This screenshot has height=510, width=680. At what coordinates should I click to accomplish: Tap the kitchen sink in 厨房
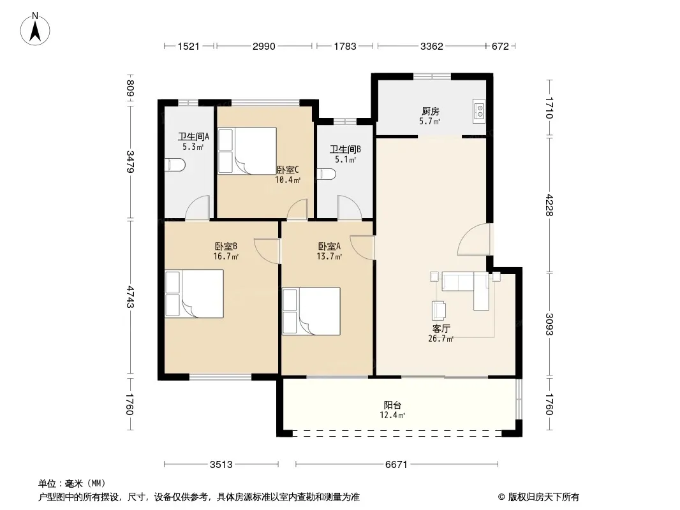point(479,110)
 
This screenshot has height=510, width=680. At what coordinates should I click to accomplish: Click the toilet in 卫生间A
point(175,165)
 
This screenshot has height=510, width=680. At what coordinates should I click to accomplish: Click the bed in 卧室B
point(195,294)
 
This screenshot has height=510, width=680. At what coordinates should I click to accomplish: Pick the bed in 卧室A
point(311,311)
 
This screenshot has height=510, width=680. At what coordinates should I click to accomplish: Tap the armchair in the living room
point(438,310)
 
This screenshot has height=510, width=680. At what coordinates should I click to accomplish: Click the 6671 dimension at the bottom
point(396,465)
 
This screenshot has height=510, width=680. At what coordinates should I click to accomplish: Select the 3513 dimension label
point(221,465)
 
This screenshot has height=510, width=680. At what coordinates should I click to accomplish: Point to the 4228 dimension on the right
point(549,205)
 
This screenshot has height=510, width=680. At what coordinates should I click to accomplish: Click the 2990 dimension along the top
point(263,46)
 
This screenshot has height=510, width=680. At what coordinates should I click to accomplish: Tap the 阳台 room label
point(392,405)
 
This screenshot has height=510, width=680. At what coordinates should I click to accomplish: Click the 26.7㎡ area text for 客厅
point(441,339)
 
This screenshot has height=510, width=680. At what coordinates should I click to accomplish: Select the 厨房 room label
point(430,112)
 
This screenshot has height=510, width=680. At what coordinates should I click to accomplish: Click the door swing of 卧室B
point(265,250)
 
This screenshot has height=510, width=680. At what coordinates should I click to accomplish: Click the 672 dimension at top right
point(500,46)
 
